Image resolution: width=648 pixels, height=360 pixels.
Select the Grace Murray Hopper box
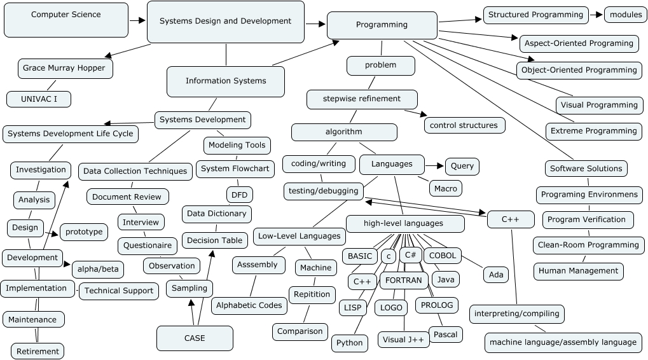pos(64,68)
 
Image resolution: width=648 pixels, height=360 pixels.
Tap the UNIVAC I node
pos(39,99)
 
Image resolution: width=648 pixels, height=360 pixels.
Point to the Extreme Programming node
pos(593,131)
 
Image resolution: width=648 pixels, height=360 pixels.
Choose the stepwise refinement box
pos(362,99)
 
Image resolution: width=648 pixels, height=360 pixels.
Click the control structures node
pos(464,125)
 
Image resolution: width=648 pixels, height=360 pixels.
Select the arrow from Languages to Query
pos(435,166)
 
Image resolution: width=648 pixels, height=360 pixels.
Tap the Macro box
pos(445,188)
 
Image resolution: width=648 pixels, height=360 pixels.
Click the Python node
pos(350,343)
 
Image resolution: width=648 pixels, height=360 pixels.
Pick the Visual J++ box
pos(403,340)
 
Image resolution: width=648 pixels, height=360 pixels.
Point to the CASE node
pos(195,338)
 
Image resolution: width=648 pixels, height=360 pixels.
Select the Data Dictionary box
pos(217,214)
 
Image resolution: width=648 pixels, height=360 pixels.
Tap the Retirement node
pos(38,351)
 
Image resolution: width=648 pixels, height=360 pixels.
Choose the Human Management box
pos(578,271)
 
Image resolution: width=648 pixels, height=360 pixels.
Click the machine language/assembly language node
pos(563,342)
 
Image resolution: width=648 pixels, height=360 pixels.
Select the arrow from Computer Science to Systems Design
pos(137,20)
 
